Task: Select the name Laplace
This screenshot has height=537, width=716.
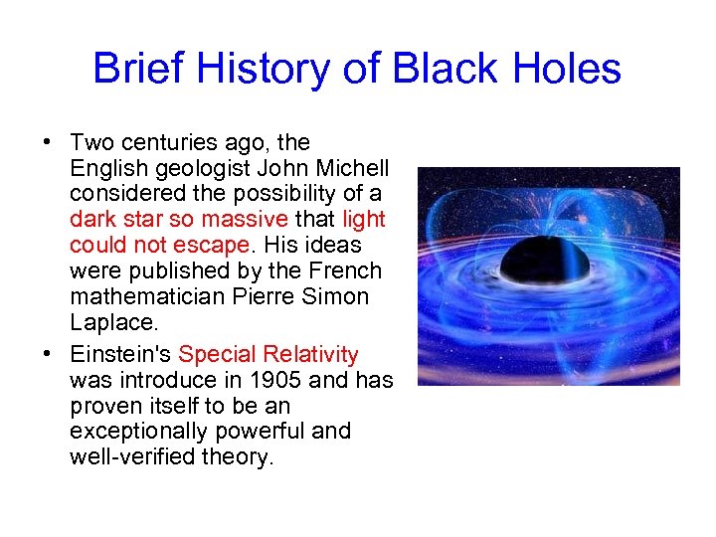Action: [x=111, y=322]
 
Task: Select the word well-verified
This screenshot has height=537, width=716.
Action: [x=134, y=457]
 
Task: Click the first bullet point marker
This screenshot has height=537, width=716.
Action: [x=48, y=142]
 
